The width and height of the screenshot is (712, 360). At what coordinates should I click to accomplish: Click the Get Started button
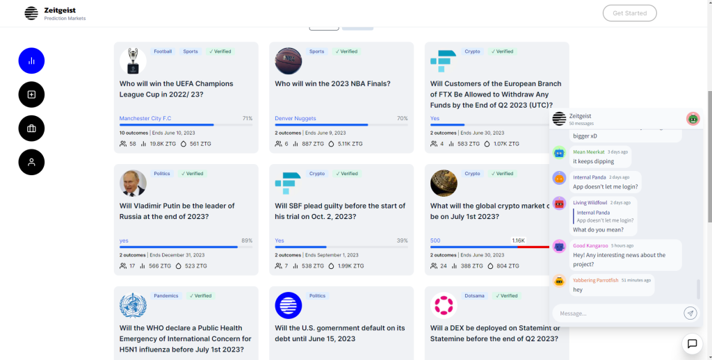pyautogui.click(x=629, y=13)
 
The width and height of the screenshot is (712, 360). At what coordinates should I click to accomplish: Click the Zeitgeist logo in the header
pyautogui.click(x=31, y=13)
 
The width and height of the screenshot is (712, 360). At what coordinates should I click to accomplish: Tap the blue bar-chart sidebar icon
pyautogui.click(x=31, y=60)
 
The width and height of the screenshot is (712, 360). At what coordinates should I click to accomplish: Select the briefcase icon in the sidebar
pyautogui.click(x=31, y=128)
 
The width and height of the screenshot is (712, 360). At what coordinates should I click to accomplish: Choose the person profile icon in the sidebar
pyautogui.click(x=31, y=162)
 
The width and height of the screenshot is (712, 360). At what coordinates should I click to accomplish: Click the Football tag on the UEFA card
pyautogui.click(x=163, y=51)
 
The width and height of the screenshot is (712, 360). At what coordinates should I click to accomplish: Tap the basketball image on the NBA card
pyautogui.click(x=289, y=61)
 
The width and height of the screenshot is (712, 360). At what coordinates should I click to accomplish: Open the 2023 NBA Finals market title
pyautogui.click(x=332, y=83)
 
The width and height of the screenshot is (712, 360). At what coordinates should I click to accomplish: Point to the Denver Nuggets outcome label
pyautogui.click(x=296, y=118)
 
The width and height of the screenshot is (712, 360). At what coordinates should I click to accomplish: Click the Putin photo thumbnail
pyautogui.click(x=133, y=183)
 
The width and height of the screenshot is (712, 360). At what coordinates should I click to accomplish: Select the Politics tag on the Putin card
pyautogui.click(x=162, y=174)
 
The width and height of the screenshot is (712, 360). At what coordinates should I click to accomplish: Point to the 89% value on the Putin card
pyautogui.click(x=247, y=240)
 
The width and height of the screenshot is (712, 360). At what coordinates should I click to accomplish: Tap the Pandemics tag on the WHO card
pyautogui.click(x=166, y=296)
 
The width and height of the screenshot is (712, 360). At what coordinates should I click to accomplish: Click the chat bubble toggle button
pyautogui.click(x=692, y=343)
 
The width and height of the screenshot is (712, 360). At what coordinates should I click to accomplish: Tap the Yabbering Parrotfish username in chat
pyautogui.click(x=595, y=280)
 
